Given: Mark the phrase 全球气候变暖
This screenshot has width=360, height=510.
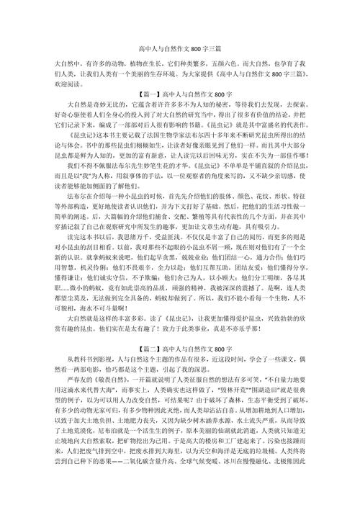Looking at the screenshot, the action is pos(225,497).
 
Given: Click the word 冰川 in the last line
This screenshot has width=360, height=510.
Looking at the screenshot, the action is pos(258,497).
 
